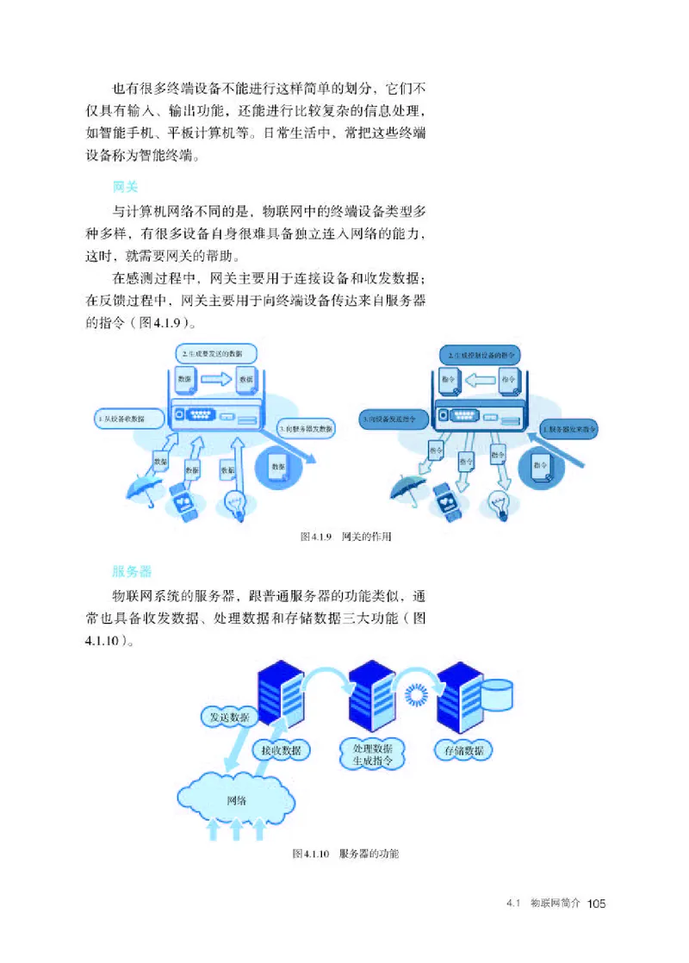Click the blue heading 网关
pos(126,187)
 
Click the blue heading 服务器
pos(132,570)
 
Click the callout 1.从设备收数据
pos(123,419)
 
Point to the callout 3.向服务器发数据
pos(307,427)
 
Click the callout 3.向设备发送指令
pos(390,419)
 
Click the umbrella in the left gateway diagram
pos(140,491)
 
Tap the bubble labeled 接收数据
pos(280,750)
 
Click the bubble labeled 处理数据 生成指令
pos(373,754)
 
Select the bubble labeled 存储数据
pos(463,750)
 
